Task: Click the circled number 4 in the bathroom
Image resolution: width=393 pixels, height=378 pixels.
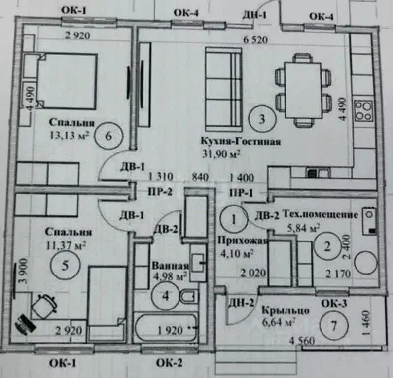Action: coord(165,296)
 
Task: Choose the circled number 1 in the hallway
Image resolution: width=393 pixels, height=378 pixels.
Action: coord(234,218)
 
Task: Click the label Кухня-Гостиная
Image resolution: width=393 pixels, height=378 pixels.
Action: coord(241,142)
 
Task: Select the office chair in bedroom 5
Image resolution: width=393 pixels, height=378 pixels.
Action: coord(44,306)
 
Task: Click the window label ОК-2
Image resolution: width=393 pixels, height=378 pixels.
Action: coord(169,364)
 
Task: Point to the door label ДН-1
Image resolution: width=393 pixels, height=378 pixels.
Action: coord(254,15)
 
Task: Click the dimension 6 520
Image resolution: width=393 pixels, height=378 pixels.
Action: coord(255,40)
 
